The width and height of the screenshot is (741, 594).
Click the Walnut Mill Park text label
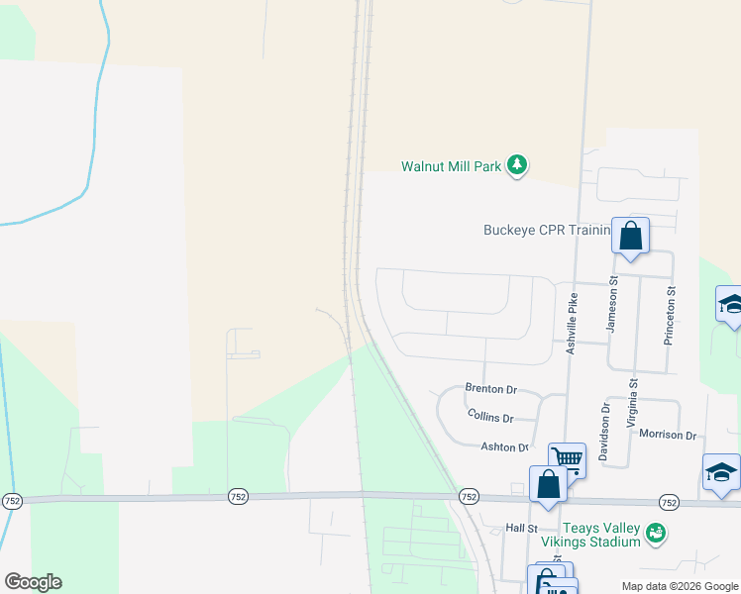(451, 166)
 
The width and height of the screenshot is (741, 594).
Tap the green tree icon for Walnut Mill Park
(516, 164)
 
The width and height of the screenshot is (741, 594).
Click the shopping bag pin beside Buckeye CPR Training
(631, 238)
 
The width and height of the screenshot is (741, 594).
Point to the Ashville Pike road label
(571, 324)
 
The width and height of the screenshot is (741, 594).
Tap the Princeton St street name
(671, 315)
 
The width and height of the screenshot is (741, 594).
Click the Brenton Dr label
(491, 390)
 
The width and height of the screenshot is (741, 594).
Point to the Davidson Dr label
(603, 434)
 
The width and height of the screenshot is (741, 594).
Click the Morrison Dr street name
(668, 435)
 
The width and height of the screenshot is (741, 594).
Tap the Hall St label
(519, 529)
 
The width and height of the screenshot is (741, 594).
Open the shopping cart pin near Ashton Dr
(567, 458)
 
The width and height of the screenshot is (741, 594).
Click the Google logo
(33, 582)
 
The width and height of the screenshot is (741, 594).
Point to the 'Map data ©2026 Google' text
(679, 586)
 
